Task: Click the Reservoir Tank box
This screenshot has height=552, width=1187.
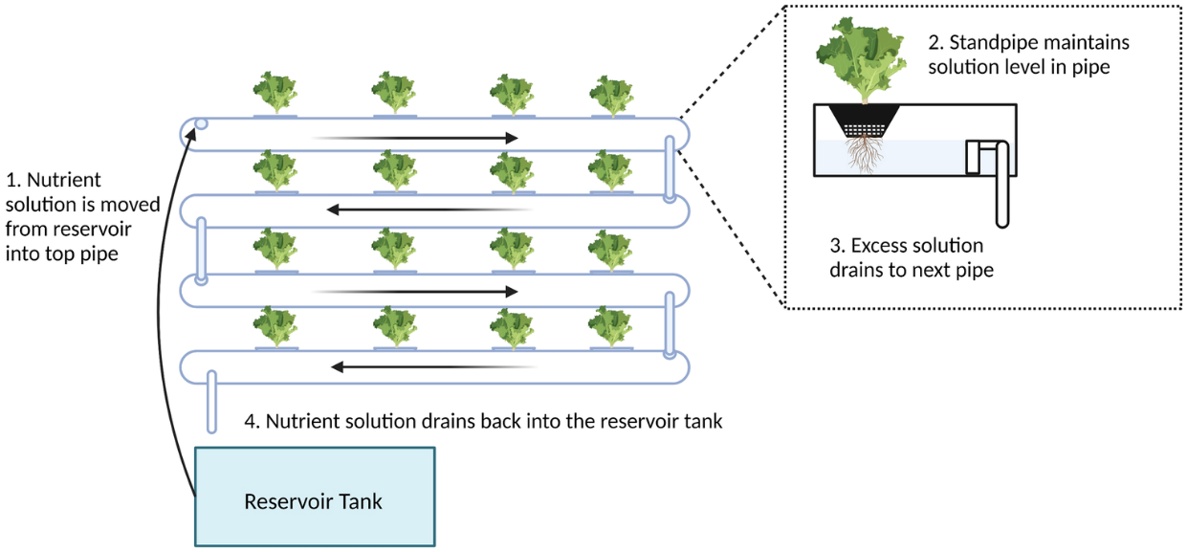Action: click(x=315, y=497)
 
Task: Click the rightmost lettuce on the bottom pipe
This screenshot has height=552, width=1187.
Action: click(x=610, y=327)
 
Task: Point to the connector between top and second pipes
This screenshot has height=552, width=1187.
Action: click(x=670, y=169)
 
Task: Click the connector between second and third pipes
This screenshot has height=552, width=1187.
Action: click(x=201, y=251)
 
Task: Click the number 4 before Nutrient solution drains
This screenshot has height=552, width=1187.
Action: click(x=252, y=421)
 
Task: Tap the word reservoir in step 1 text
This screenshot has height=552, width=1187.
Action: click(x=91, y=231)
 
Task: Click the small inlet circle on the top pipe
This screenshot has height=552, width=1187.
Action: click(x=201, y=123)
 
